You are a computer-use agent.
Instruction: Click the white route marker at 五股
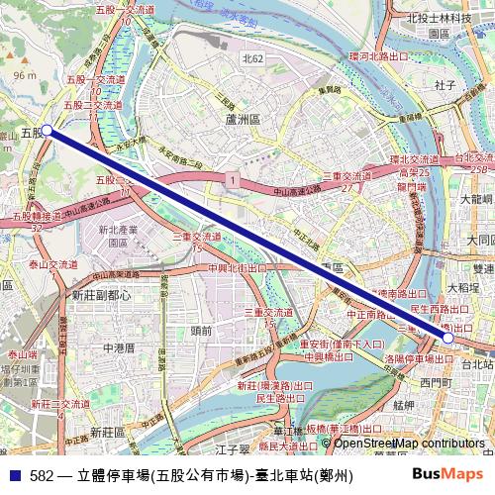click(x=46, y=130)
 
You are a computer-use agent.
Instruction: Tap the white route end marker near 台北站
click(x=448, y=338)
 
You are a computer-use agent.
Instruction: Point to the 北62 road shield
click(x=253, y=59)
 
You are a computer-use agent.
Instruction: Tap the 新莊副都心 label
click(x=102, y=295)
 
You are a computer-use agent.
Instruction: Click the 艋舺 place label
click(x=403, y=405)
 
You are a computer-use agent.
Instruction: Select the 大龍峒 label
click(x=477, y=198)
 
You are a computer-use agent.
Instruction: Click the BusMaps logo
click(x=447, y=474)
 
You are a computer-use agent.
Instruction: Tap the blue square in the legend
click(x=14, y=475)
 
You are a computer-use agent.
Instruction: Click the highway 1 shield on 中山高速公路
click(x=231, y=180)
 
